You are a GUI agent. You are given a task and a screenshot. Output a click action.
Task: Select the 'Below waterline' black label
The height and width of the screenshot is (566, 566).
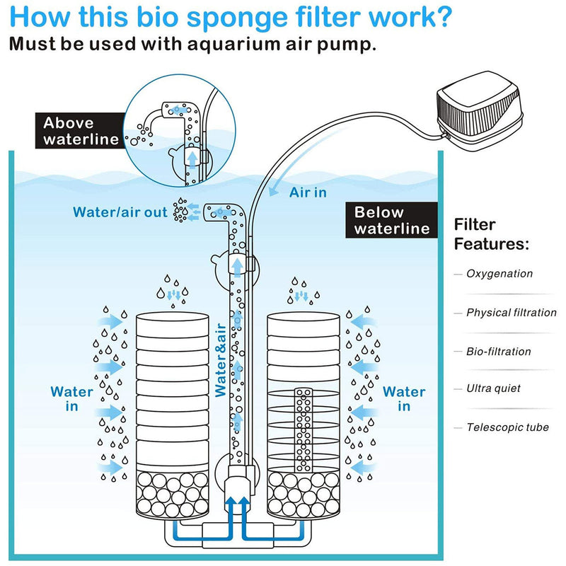click(392, 219)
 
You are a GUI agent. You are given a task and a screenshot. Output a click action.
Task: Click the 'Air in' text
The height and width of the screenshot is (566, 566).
click(308, 192)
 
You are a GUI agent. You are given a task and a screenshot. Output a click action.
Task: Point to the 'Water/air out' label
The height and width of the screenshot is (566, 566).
click(120, 212)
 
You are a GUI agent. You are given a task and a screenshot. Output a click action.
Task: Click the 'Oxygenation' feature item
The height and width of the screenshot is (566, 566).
click(499, 274)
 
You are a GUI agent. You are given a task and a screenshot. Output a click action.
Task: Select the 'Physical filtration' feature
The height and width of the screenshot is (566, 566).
click(511, 313)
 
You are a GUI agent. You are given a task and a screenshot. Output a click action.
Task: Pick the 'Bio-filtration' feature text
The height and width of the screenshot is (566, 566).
click(498, 352)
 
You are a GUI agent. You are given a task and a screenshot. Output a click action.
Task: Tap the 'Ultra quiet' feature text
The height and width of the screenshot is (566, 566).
click(493, 388)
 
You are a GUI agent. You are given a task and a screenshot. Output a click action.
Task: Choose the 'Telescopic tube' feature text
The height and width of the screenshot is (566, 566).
click(507, 427)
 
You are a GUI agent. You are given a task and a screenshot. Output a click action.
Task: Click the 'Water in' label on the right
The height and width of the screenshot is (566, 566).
click(404, 398)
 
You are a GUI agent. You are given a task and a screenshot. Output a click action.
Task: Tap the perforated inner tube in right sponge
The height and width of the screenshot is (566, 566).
click(306, 424)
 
